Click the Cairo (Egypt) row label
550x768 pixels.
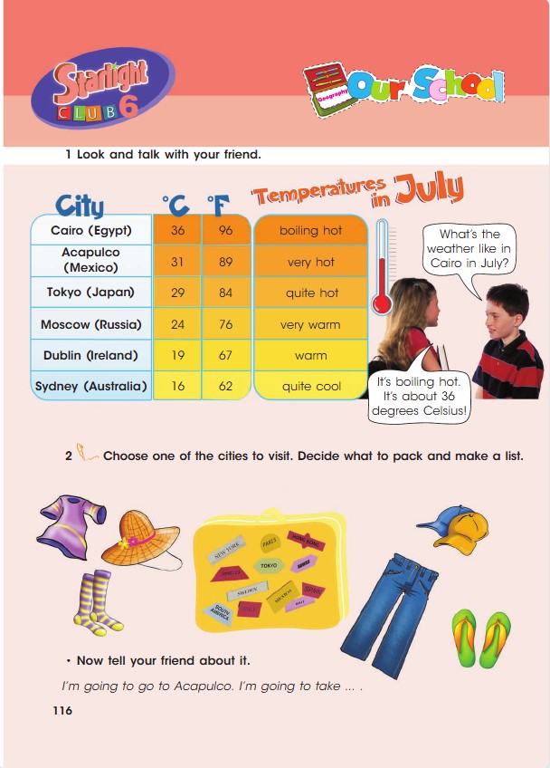click(x=91, y=230)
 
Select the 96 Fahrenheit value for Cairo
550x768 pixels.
click(x=225, y=230)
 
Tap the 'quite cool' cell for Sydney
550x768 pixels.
click(x=311, y=386)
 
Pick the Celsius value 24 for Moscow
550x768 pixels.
click(x=177, y=324)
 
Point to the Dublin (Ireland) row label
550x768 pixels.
click(x=90, y=356)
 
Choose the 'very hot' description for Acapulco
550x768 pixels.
click(x=311, y=263)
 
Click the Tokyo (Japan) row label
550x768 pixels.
click(x=90, y=293)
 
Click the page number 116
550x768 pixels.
click(x=62, y=711)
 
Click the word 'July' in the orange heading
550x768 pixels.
click(x=430, y=188)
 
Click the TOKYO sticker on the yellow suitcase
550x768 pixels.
click(x=269, y=564)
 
